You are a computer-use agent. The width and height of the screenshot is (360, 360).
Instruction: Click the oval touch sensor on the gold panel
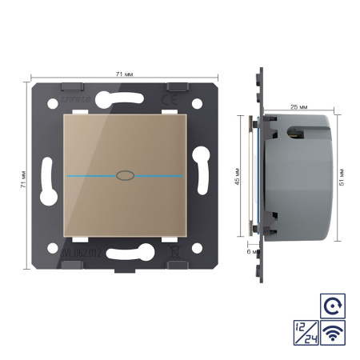coord(122,174)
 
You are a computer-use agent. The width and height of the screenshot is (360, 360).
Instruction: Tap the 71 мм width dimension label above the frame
coord(123,73)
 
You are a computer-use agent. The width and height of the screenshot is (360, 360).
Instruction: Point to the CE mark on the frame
coord(180,102)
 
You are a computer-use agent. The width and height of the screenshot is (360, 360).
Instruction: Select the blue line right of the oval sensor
coord(157,174)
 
